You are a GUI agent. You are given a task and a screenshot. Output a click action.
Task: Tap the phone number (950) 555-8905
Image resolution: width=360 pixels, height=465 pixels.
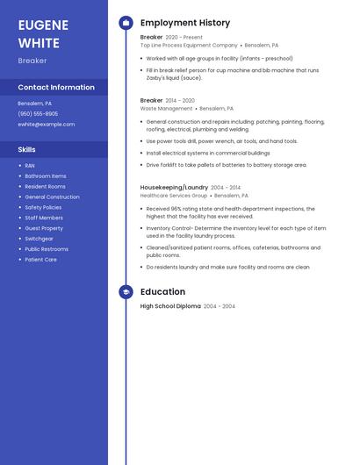38,114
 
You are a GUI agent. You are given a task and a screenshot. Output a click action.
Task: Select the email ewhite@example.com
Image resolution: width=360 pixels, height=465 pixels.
47,125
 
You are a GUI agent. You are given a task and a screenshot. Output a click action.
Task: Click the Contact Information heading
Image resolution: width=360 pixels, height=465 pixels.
56,88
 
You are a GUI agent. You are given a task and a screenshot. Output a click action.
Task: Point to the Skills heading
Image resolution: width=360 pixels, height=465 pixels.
27,150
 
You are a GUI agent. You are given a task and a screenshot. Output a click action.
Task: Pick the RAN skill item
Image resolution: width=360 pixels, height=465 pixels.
30,166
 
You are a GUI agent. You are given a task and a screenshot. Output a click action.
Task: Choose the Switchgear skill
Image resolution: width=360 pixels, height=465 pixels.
39,239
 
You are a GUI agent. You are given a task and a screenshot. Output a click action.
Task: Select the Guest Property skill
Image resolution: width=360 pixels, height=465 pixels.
44,228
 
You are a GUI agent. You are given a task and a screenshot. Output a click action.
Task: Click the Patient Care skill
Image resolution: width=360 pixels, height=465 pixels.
40,260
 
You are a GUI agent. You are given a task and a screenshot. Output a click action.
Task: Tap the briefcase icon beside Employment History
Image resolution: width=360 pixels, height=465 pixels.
126,23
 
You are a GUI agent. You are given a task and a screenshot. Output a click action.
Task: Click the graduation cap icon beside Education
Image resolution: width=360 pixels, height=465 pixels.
126,292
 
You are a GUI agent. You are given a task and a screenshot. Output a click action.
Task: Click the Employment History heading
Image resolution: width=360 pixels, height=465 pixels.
185,23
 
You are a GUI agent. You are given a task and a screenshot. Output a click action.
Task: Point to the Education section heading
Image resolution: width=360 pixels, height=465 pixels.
162,292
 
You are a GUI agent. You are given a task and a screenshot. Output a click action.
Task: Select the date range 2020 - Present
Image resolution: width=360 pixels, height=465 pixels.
184,38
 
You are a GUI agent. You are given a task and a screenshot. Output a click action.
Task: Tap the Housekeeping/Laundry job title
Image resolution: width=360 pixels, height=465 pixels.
174,187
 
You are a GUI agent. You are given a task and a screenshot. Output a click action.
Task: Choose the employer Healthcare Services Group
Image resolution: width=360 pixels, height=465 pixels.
174,196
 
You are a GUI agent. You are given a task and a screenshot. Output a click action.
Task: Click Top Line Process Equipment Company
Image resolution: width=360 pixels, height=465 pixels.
189,45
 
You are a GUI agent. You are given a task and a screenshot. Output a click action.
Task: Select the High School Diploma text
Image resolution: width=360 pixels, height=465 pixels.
170,306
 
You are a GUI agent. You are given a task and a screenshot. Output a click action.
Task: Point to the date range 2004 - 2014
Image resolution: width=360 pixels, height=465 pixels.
226,187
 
